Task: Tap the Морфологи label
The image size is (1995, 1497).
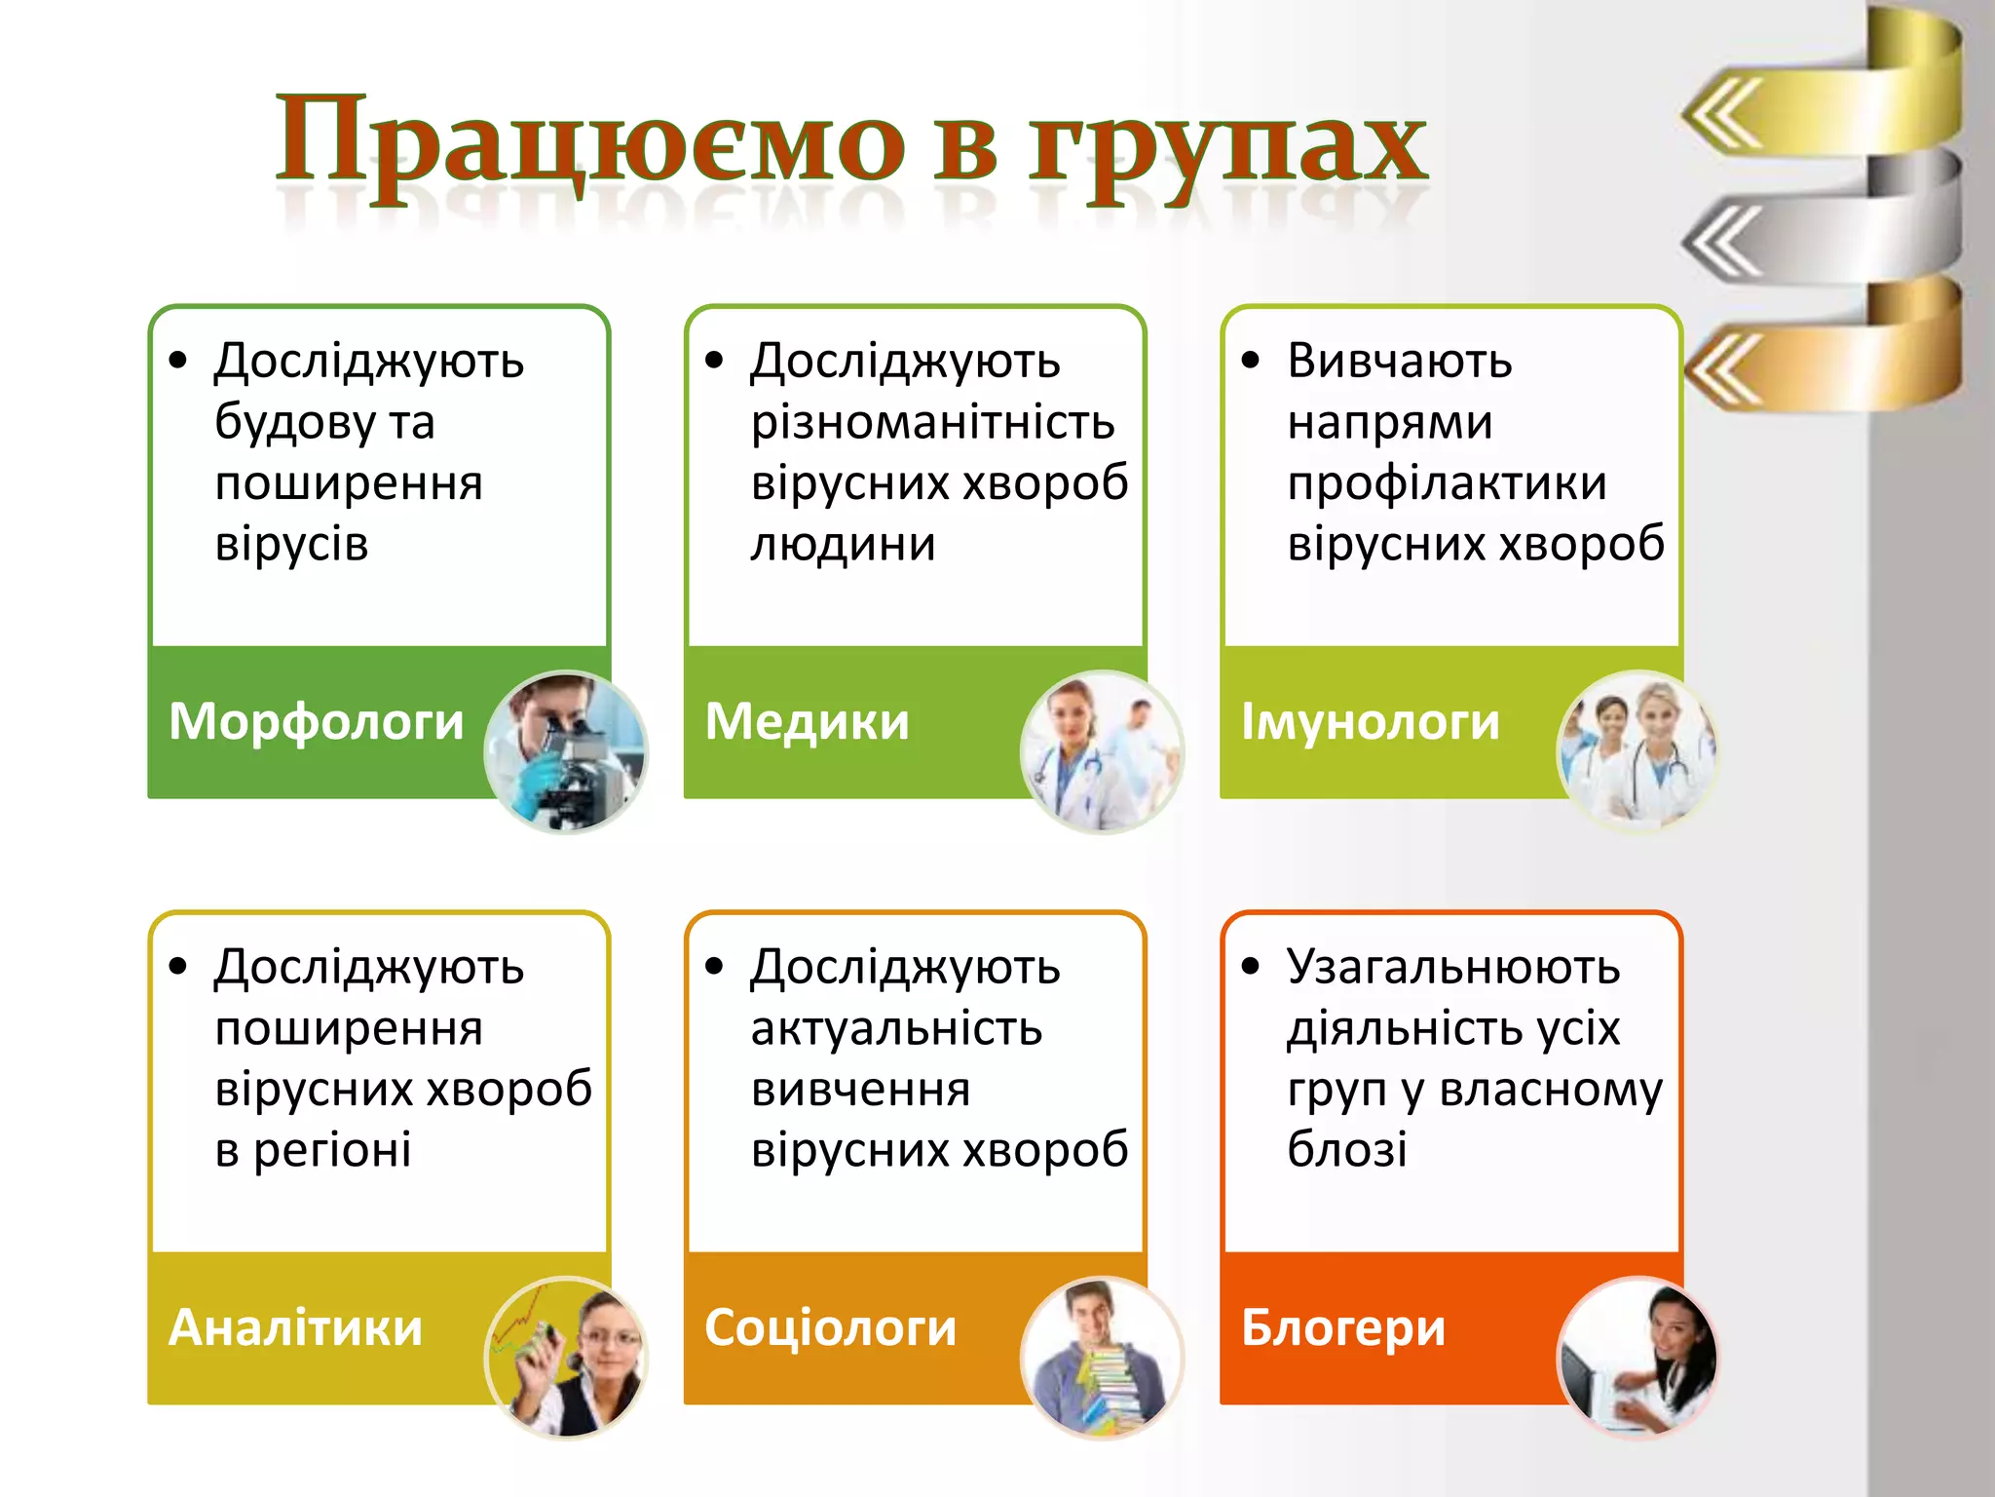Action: pyautogui.click(x=316, y=722)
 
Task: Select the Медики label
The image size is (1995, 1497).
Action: pyautogui.click(x=807, y=722)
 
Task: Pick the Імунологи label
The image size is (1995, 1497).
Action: pyautogui.click(x=1370, y=722)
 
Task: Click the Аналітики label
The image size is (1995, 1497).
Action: pyautogui.click(x=295, y=1328)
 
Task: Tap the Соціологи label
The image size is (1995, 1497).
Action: pyautogui.click(x=830, y=1328)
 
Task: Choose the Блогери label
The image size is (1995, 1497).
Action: pyautogui.click(x=1343, y=1328)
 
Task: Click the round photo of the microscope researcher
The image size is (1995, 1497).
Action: pyautogui.click(x=566, y=751)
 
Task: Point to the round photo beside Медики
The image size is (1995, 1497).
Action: pyautogui.click(x=1102, y=751)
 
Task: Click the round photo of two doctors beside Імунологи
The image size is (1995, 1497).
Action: pyautogui.click(x=1637, y=751)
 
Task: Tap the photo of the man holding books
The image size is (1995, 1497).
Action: pyautogui.click(x=1102, y=1358)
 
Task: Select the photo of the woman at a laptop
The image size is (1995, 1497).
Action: pyautogui.click(x=1637, y=1358)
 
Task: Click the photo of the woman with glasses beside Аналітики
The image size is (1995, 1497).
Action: pyautogui.click(x=566, y=1358)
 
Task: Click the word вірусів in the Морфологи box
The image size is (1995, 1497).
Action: pyautogui.click(x=291, y=544)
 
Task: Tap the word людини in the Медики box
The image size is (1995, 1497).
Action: pyautogui.click(x=843, y=544)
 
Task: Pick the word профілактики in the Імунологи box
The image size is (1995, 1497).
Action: pyautogui.click(x=1447, y=483)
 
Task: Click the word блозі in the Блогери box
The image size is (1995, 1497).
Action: pyautogui.click(x=1346, y=1150)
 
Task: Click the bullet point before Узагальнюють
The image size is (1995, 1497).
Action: pyautogui.click(x=1251, y=967)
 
